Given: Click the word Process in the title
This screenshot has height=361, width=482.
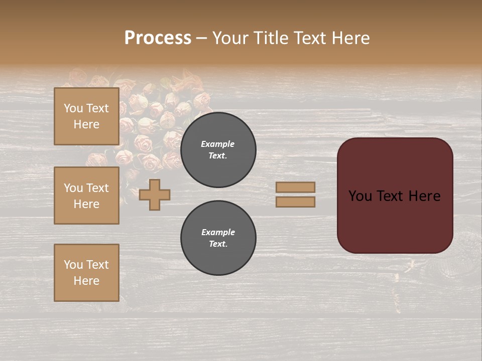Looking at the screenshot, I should (x=158, y=38).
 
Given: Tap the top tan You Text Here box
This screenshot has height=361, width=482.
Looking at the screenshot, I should (x=86, y=116).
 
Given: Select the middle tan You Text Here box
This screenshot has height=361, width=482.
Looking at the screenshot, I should (x=86, y=196).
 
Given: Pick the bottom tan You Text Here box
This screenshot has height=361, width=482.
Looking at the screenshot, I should (x=86, y=273).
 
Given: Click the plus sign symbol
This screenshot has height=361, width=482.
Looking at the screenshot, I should (x=155, y=195).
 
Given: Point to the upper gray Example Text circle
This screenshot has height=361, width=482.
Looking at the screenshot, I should (x=218, y=149).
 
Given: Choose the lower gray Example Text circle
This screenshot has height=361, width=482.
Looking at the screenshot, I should (x=218, y=238).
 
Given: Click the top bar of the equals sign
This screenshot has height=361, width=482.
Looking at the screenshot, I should (x=295, y=188).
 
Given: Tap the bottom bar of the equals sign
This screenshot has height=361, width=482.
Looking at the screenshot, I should (x=295, y=202).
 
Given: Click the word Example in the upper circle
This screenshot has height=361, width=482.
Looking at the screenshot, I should (x=218, y=144).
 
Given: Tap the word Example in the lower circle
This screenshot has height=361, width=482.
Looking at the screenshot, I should (x=218, y=232).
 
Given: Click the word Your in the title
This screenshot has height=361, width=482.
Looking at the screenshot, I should (x=230, y=38).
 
